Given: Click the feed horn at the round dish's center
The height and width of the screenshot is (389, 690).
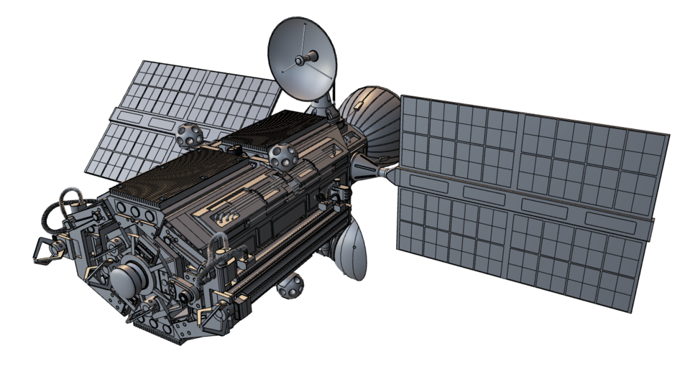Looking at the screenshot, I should (310, 56).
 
